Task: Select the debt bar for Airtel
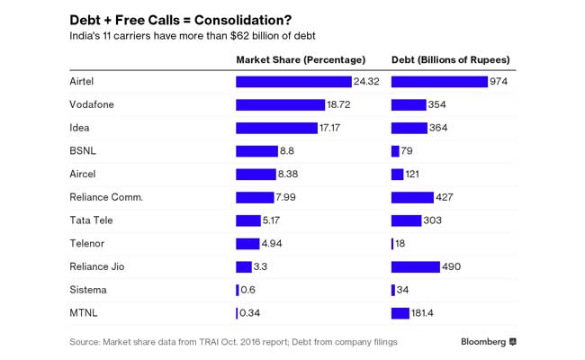(439, 82)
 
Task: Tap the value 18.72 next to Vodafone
(338, 105)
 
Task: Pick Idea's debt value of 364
(438, 128)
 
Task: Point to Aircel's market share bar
(256, 174)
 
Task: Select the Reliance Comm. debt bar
(412, 197)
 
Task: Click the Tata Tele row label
(91, 220)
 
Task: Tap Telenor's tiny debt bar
(392, 244)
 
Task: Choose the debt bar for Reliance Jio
(416, 266)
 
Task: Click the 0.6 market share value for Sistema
(247, 290)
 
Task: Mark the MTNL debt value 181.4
(427, 313)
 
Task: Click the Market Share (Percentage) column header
(301, 59)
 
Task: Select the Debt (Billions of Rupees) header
(451, 59)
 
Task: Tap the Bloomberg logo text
(483, 342)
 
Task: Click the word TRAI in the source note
(205, 342)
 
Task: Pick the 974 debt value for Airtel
(500, 82)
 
